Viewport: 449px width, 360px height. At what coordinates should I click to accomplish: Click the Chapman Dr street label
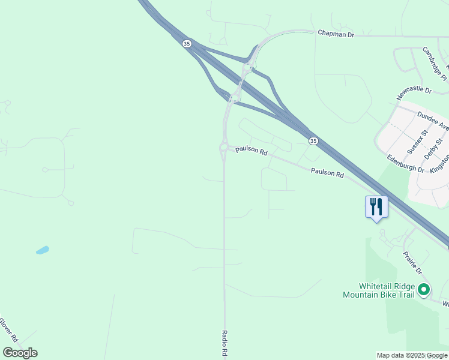336,35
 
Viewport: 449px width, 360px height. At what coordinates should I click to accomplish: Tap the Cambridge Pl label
435,64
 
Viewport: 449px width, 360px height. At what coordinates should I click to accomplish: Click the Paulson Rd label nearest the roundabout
251,151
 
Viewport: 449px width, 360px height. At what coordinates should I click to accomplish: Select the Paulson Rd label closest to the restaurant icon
327,173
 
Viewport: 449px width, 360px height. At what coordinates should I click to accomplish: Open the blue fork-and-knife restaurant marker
376,207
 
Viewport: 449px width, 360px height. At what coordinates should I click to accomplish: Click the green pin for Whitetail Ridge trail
424,290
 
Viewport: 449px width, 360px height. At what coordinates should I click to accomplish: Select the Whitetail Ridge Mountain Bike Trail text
379,290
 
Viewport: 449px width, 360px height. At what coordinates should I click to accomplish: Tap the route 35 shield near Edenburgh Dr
313,140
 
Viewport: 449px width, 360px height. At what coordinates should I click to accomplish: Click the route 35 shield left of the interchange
187,44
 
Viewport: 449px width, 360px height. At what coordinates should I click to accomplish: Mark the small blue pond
42,250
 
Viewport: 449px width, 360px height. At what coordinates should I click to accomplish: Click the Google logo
20,352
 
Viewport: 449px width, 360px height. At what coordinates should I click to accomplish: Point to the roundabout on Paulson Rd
224,147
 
